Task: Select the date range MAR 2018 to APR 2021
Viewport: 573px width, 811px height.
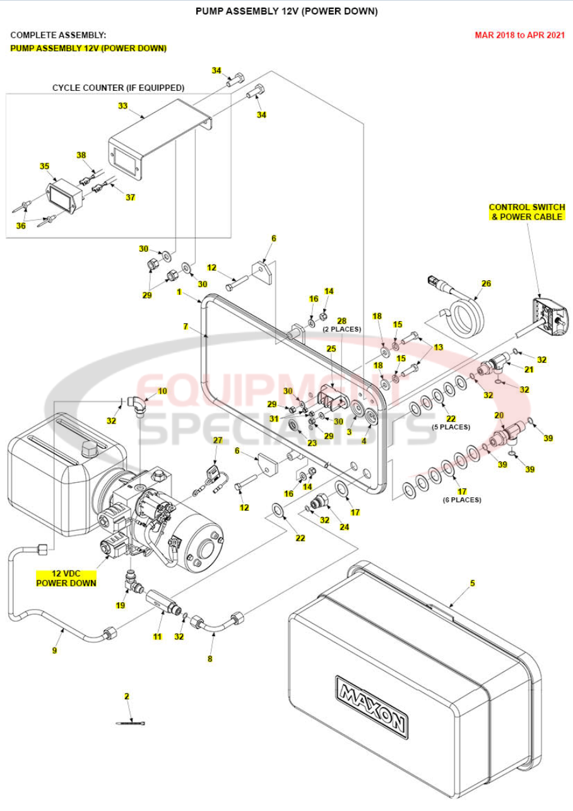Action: [519, 35]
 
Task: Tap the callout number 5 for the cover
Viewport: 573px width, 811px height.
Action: [472, 584]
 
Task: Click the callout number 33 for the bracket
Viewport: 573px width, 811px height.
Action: [122, 106]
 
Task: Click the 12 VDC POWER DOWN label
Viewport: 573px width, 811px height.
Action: [66, 578]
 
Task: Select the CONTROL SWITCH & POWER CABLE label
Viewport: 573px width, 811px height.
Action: [526, 212]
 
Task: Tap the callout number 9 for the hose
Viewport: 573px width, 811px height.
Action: [54, 650]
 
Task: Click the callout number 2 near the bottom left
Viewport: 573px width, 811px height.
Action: [126, 696]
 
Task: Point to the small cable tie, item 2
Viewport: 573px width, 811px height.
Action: [131, 723]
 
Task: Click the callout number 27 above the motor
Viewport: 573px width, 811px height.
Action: [217, 440]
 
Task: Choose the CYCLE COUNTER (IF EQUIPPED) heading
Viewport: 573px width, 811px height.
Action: [118, 88]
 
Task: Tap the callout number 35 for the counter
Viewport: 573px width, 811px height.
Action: [44, 166]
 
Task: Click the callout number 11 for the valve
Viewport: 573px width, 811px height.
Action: [158, 636]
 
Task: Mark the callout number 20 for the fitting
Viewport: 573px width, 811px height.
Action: [499, 415]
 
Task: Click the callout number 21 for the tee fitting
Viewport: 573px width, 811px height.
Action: [529, 369]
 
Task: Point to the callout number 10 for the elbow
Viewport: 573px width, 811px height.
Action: [162, 391]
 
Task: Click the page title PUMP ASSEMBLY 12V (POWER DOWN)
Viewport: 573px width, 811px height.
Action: [286, 11]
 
